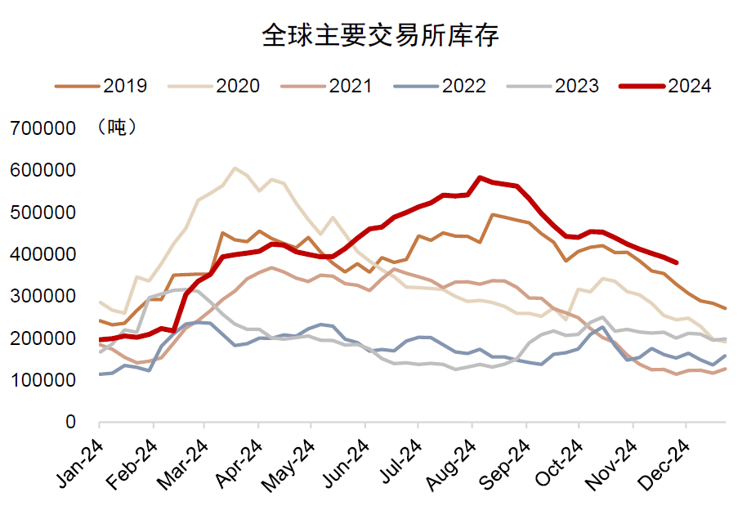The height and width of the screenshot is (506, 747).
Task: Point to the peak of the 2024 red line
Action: (480, 177)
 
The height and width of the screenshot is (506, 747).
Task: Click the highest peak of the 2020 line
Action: (235, 168)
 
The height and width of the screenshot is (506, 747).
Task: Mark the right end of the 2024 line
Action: (677, 262)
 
